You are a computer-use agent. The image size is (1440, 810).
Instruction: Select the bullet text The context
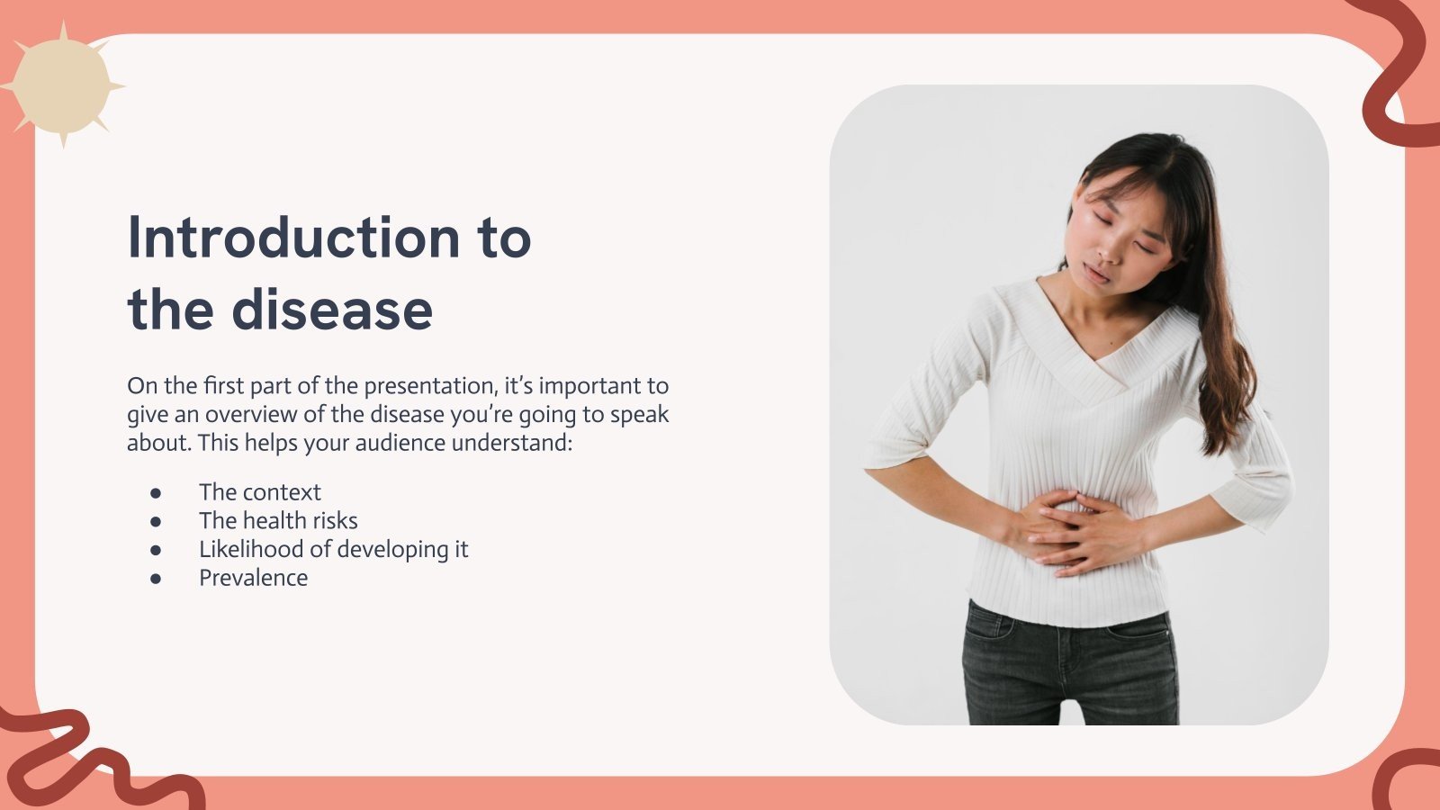259,492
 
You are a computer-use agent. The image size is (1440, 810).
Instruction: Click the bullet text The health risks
278,521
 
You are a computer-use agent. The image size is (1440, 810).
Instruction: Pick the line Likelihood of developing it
333,549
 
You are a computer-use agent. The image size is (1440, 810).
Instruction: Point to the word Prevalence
253,578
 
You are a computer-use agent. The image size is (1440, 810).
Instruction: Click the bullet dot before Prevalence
156,579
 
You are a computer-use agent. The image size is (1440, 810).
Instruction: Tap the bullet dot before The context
156,493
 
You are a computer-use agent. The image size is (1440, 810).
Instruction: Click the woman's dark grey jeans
1069,666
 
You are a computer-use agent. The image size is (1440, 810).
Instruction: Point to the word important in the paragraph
588,387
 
